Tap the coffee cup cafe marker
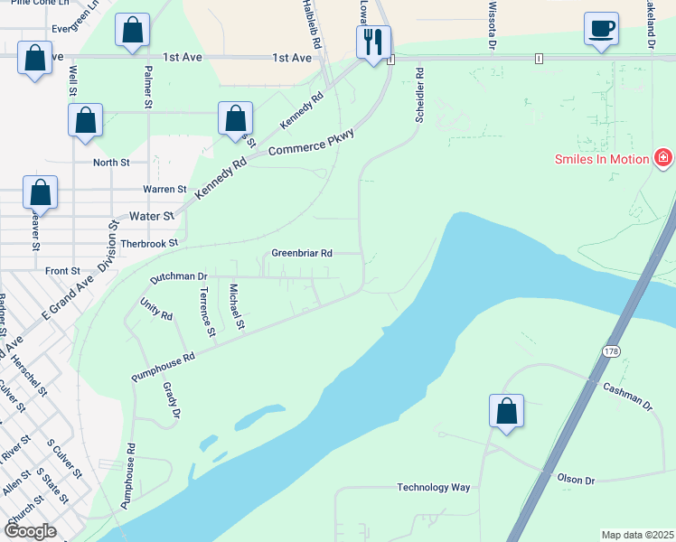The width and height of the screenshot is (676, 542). (x=601, y=30)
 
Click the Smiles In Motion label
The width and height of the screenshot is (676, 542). (x=601, y=160)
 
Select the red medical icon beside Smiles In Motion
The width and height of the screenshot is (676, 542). (x=664, y=159)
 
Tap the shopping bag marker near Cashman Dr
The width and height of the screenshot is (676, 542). (x=507, y=412)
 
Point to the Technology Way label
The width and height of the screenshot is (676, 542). (x=434, y=488)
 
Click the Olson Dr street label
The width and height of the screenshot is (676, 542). (x=577, y=480)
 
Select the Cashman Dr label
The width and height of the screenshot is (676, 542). (x=627, y=398)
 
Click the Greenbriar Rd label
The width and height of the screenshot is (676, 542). (x=302, y=254)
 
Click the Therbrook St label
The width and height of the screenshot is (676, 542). (x=149, y=244)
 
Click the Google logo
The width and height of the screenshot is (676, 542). (x=30, y=531)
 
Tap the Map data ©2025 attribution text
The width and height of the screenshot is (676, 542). (x=636, y=535)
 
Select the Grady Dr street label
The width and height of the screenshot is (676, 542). (x=171, y=403)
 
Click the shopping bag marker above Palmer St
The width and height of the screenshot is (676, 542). (x=133, y=31)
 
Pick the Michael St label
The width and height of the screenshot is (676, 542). (x=237, y=307)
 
